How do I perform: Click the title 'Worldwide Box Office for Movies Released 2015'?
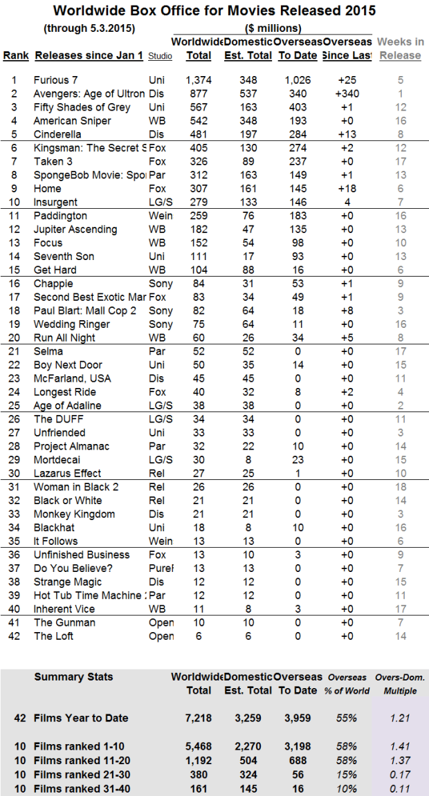(214, 10)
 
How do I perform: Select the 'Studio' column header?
(161, 55)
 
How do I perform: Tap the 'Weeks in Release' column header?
(401, 48)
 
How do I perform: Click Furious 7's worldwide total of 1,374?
(199, 80)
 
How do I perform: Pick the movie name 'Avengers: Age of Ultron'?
(89, 94)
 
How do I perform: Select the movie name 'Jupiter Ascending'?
(75, 230)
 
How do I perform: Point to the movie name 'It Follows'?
(55, 541)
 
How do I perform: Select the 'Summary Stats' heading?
(73, 676)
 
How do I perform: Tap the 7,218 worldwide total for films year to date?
(198, 718)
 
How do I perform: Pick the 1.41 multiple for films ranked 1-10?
(401, 747)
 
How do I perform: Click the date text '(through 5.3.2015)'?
(89, 28)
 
